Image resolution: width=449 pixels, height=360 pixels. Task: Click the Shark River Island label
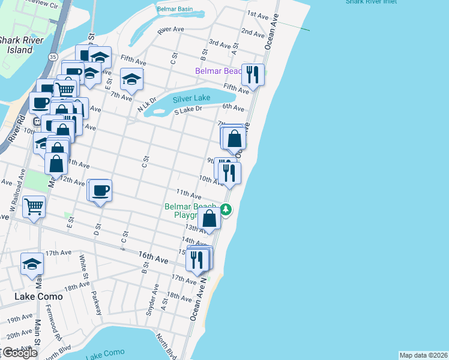pos(16,45)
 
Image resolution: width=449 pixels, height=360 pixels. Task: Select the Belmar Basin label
pos(175,10)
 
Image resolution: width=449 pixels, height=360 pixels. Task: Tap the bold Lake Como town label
pos(36,296)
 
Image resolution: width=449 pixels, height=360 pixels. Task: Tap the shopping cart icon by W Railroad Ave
pos(34,207)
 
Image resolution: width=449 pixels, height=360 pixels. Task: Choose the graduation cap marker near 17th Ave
pos(32,263)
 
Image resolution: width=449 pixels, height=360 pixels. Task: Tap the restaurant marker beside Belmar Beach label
pos(253,75)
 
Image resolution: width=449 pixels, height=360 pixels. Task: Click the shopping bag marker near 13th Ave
pos(209,218)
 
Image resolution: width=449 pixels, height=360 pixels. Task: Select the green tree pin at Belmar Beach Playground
pos(226,209)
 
